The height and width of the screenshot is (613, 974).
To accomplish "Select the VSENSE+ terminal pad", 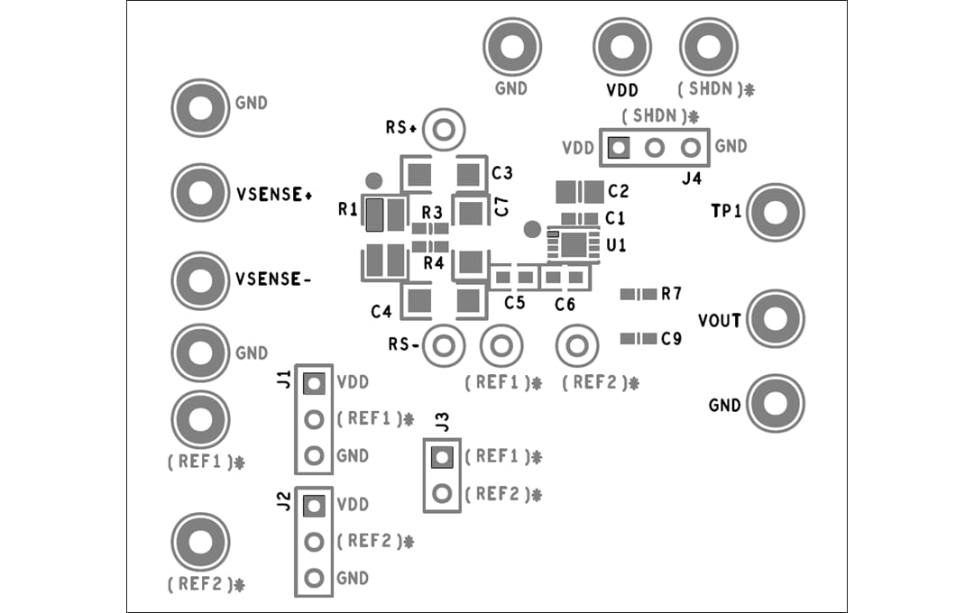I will coord(200,192).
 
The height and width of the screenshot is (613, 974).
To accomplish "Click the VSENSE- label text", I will coord(273,279).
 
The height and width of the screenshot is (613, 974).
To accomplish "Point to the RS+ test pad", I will coord(443,130).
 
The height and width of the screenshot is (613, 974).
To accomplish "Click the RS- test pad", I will coord(443,344).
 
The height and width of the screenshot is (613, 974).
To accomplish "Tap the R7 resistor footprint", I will coord(639,294).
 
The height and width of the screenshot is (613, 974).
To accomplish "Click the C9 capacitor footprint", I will coord(639,339).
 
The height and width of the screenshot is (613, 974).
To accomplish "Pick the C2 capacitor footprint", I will coord(579,191).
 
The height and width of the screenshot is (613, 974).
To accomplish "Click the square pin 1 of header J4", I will coord(619,147).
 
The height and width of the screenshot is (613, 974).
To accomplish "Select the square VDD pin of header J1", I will coord(314,384).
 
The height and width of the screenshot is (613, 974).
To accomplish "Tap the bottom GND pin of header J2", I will coord(314,578).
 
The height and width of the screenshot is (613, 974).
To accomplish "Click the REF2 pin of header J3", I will coord(441,493).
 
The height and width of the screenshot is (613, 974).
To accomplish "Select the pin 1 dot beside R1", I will coord(373,181).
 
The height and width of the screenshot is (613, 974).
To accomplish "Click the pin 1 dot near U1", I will coord(532,229).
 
